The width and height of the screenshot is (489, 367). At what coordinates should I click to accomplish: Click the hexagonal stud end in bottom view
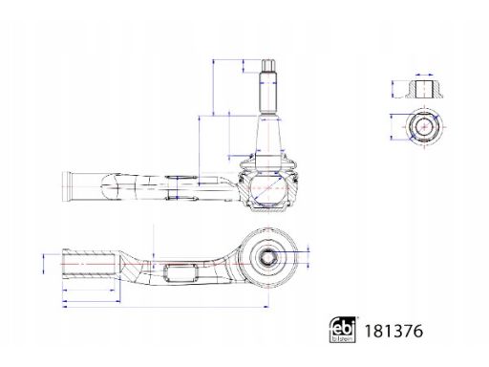click(267, 255)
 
